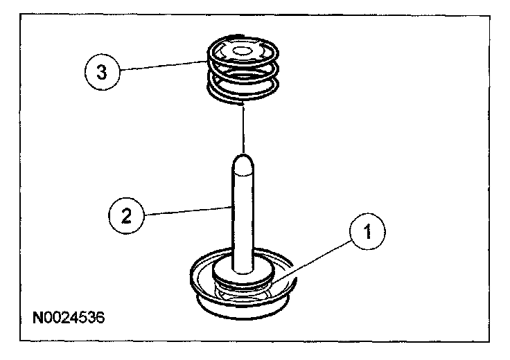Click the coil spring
pyautogui.click(x=245, y=69)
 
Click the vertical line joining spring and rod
pyautogui.click(x=244, y=128)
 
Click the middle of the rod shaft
pyautogui.click(x=244, y=215)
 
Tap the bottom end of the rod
pyautogui.click(x=245, y=266)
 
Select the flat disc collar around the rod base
pyautogui.click(x=244, y=274)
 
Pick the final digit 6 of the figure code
pyautogui.click(x=102, y=319)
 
